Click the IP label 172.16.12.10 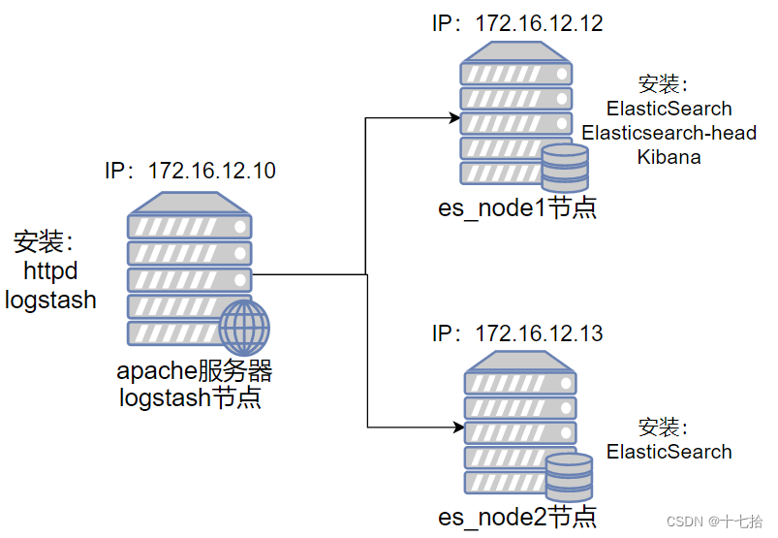[190, 171]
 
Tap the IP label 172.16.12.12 [517, 23]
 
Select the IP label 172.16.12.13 [517, 333]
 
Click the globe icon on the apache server [244, 328]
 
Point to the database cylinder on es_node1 [565, 168]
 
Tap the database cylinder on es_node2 [569, 477]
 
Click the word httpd [50, 271]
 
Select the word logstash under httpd [50, 301]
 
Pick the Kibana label [669, 157]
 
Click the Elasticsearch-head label [669, 133]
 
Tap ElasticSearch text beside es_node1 [669, 109]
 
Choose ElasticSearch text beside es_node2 [669, 452]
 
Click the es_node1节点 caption [517, 207]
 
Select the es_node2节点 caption [517, 517]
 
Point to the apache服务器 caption [194, 370]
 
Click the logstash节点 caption [190, 397]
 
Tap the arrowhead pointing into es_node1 [454, 118]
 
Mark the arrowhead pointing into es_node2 [458, 427]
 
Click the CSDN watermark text [714, 522]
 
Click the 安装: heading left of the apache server [44, 241]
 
